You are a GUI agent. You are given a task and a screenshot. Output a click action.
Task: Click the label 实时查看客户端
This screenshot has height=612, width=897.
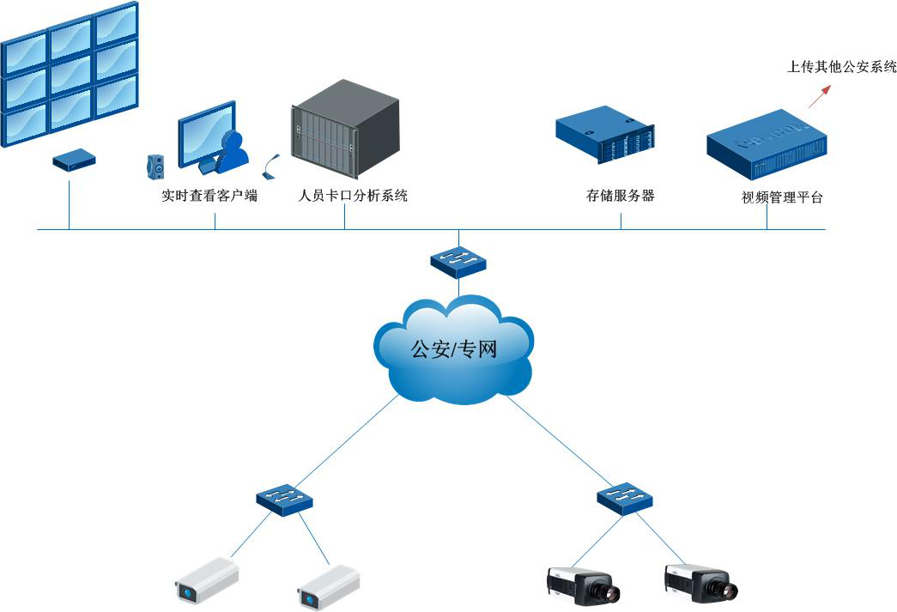(x=209, y=196)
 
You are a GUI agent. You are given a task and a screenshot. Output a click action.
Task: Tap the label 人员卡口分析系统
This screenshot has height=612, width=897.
(x=352, y=196)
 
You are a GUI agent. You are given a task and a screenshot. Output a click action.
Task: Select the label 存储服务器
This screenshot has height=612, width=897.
(x=620, y=196)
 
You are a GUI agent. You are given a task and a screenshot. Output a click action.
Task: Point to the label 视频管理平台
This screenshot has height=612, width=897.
(x=782, y=197)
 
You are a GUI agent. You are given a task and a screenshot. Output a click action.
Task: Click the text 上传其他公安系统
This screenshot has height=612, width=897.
(x=841, y=66)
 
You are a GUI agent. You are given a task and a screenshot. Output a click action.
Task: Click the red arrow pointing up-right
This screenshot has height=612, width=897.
(x=820, y=95)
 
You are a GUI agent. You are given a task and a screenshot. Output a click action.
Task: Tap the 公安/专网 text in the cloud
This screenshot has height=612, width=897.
(x=454, y=349)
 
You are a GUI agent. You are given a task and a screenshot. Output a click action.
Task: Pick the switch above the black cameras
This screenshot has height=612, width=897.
(x=625, y=497)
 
